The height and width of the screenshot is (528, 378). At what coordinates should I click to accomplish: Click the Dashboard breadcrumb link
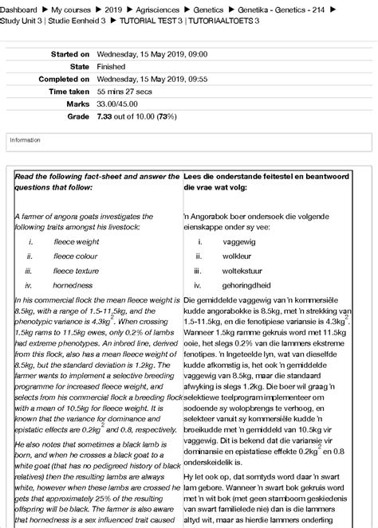coord(20,6)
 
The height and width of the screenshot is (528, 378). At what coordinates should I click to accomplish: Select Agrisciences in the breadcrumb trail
coord(159,6)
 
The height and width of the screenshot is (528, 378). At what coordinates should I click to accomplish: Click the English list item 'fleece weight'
coord(76,241)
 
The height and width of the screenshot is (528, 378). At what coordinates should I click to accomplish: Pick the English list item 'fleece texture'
coord(77,271)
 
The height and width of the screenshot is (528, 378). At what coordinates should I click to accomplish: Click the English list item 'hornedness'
coord(73,285)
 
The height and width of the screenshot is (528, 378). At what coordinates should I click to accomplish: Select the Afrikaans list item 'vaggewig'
coord(238,241)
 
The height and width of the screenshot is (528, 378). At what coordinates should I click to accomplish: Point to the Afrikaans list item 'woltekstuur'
coord(243,271)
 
